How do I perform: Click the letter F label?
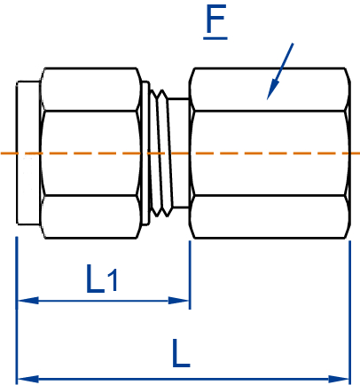[215, 22]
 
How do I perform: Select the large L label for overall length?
[181, 355]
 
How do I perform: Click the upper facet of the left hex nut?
[90, 89]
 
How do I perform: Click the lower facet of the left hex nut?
[90, 217]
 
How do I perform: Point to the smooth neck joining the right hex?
[180, 153]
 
